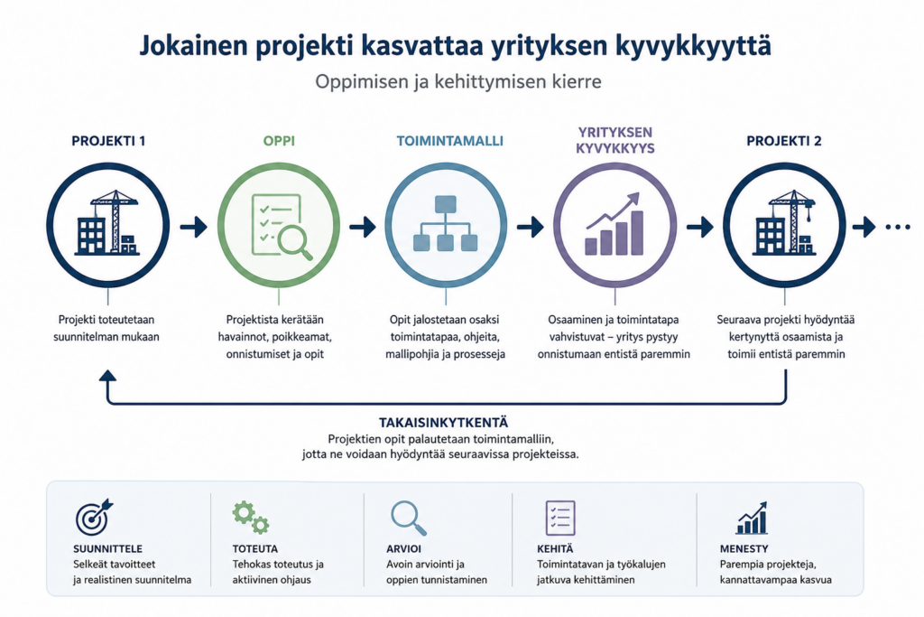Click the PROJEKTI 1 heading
[x=108, y=141]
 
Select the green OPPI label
[x=279, y=141]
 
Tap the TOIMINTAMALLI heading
[x=449, y=141]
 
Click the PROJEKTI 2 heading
[x=784, y=141]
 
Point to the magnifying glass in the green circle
[x=295, y=243]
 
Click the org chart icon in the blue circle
[x=446, y=224]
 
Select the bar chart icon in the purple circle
[x=614, y=224]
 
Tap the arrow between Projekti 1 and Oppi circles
[x=193, y=227]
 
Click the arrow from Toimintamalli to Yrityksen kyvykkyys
[x=531, y=227]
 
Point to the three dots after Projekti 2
[x=898, y=227]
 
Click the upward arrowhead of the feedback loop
[x=107, y=376]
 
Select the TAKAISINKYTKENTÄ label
[x=443, y=423]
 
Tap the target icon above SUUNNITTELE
[x=94, y=517]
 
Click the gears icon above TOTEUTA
[x=251, y=518]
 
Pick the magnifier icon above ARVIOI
[x=409, y=518]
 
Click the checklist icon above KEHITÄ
[x=560, y=518]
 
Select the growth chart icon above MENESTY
[x=752, y=518]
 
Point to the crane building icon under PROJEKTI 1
[x=107, y=223]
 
